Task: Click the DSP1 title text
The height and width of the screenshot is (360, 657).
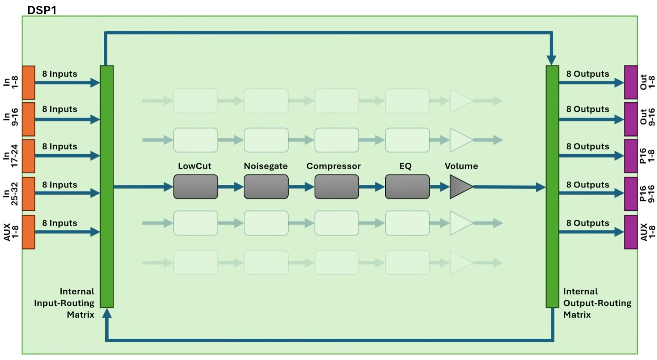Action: (x=42, y=10)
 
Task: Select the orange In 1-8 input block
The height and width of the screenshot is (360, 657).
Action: (x=28, y=83)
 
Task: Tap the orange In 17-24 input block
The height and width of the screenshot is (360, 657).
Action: (x=28, y=156)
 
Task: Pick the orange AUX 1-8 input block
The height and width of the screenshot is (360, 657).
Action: (x=28, y=232)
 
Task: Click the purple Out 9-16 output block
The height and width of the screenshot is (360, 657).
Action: (x=631, y=119)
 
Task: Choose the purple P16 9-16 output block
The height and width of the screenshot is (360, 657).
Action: (x=631, y=194)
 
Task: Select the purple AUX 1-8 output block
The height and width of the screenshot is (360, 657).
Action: (x=631, y=232)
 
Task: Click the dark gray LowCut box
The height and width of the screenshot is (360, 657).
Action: (x=195, y=187)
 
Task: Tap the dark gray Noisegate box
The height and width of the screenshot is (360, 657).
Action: (x=266, y=187)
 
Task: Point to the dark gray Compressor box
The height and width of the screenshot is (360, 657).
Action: (x=337, y=187)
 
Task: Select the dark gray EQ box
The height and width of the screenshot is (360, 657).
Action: (x=407, y=187)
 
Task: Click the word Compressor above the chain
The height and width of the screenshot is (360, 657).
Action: (x=333, y=166)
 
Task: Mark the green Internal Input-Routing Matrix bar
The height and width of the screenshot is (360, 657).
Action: (x=107, y=187)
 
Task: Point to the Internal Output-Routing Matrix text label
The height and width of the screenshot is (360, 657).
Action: (x=597, y=303)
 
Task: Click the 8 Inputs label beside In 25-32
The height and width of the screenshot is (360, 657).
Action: (x=59, y=185)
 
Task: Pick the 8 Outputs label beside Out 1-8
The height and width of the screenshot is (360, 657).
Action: (x=587, y=74)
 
